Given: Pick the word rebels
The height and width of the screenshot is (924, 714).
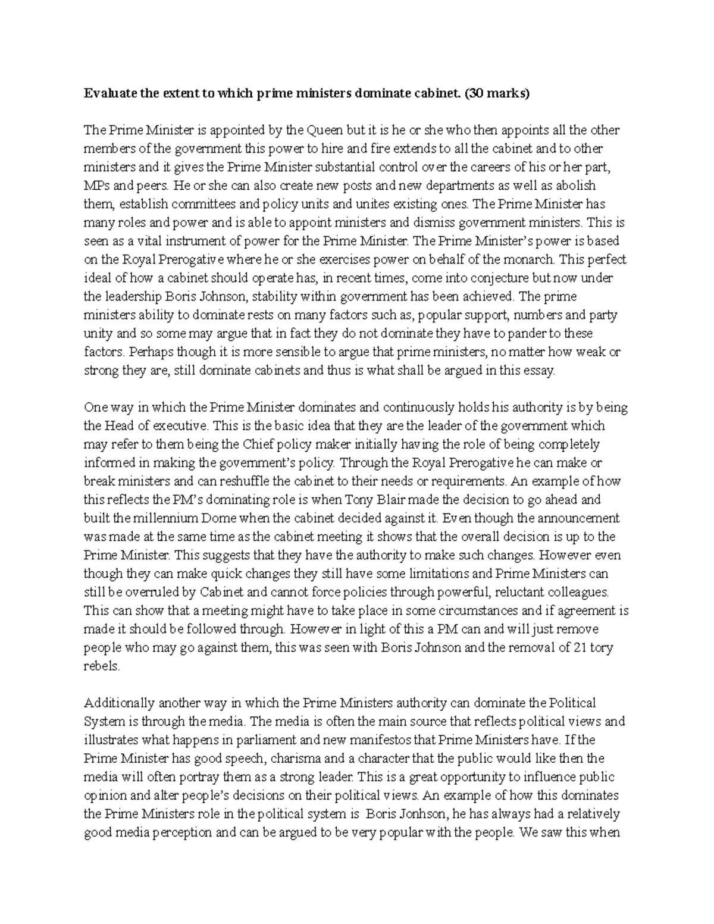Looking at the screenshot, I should point(102,666).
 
